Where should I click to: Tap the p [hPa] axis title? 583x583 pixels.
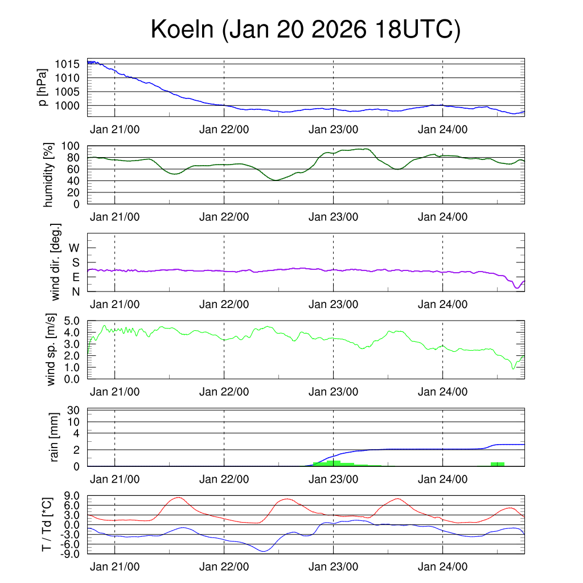[42, 87]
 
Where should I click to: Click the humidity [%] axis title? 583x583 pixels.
[49, 175]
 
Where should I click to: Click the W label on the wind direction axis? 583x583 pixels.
[75, 248]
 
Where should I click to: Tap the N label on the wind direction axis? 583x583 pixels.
[75, 291]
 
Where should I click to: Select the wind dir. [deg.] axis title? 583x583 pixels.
[56, 262]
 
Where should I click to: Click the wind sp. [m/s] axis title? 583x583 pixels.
[51, 350]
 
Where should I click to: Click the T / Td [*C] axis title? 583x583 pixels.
[47, 524]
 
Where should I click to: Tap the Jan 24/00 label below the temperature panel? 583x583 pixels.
[442, 567]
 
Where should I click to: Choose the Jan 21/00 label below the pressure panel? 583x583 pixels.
[114, 129]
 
